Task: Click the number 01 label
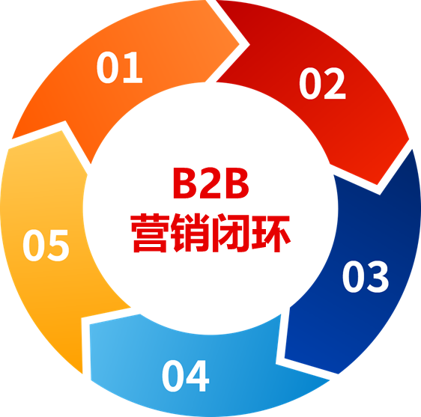pos(119,67)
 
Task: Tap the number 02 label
pos(322,83)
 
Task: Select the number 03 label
pos(366,276)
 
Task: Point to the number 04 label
pos(185,376)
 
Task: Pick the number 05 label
pos(46,246)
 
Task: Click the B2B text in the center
pos(211,183)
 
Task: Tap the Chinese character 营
pos(151,233)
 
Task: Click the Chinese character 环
pos(270,233)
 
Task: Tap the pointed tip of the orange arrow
pos(239,44)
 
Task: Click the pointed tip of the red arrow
pos(378,185)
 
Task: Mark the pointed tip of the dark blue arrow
pos(285,358)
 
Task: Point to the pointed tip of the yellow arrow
pos(61,131)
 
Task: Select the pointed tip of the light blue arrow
pos(90,324)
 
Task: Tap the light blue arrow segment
pos(188,376)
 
